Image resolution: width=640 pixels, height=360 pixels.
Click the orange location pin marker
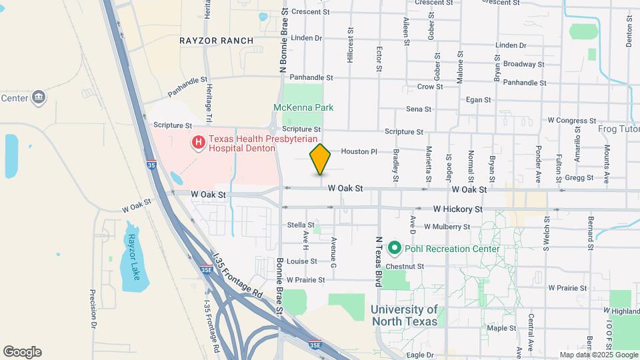click(321, 159)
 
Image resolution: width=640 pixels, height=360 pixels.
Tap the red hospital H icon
click(197, 142)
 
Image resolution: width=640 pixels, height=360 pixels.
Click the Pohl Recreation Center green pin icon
click(394, 249)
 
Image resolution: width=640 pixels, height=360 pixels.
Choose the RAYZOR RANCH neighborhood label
click(217, 41)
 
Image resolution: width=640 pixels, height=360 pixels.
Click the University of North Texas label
click(404, 315)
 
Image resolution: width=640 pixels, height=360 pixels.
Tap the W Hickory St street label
click(457, 209)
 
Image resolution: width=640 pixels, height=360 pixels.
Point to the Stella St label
click(301, 225)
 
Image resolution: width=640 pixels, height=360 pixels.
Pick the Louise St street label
click(302, 261)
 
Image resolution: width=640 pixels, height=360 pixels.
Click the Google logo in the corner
click(22, 352)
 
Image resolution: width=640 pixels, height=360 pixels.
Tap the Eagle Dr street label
click(420, 355)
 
